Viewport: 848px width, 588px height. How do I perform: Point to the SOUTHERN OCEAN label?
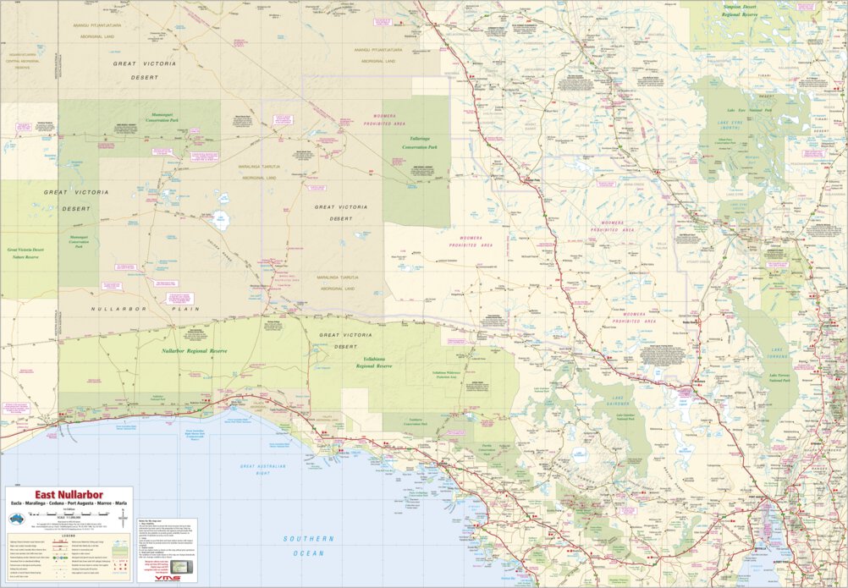[309, 546]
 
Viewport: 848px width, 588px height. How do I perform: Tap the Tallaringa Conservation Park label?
[416, 142]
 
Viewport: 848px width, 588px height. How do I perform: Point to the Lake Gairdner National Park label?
[633, 418]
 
